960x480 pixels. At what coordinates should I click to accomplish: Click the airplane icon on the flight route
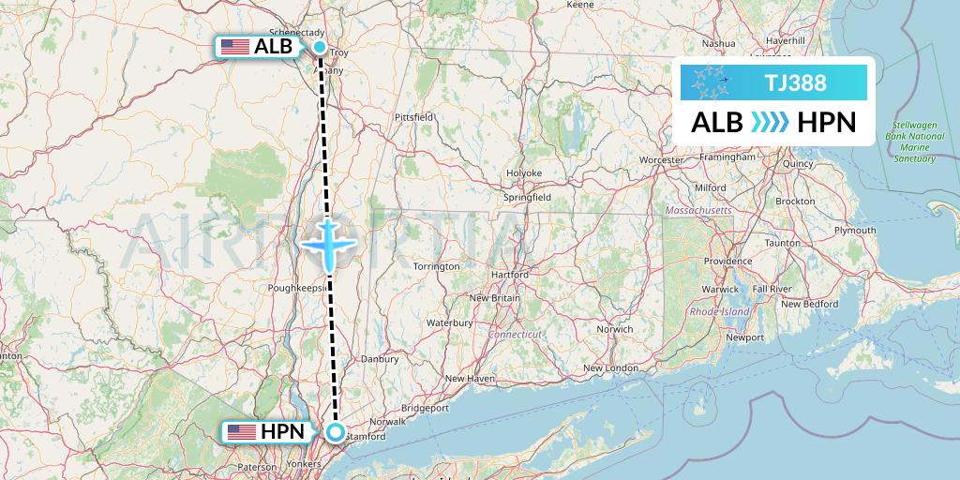328,244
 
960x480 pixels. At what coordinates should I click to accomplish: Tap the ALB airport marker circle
320,47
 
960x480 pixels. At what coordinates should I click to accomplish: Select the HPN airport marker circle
336,432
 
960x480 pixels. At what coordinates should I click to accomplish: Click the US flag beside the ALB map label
235,47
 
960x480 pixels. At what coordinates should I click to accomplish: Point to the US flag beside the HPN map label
242,432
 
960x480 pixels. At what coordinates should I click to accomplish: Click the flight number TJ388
795,82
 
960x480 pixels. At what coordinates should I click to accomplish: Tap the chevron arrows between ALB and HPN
770,122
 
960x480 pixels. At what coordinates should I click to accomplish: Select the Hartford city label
510,275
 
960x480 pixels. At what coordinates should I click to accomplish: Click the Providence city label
728,261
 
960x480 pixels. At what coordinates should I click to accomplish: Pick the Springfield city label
526,199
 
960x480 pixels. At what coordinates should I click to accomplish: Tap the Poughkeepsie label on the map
297,288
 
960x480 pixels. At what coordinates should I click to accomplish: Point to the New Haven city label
470,379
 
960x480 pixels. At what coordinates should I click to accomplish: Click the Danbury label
381,358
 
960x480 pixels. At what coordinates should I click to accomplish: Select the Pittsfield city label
413,116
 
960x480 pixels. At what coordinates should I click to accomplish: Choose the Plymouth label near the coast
854,230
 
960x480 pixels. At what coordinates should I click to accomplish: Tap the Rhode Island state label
719,310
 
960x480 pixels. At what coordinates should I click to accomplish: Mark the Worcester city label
661,160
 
